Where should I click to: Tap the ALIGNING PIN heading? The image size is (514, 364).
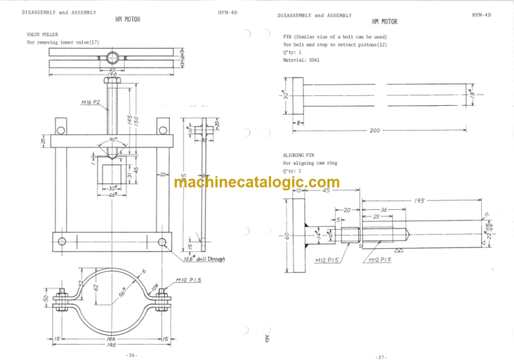[298, 154]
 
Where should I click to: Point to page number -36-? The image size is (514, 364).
[131, 355]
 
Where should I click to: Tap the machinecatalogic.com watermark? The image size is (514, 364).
[256, 182]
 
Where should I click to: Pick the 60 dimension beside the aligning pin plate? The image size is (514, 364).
[286, 237]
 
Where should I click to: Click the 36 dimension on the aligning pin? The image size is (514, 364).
[384, 210]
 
